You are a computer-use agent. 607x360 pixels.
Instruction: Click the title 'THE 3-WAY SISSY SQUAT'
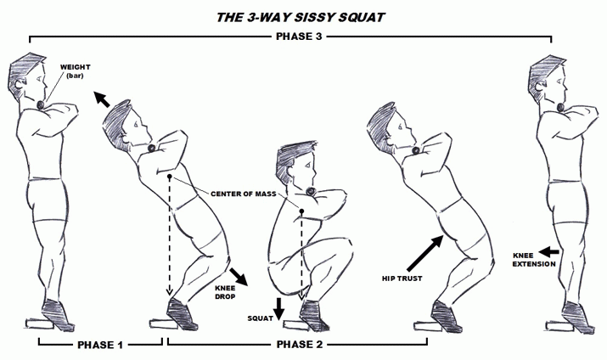[301, 18]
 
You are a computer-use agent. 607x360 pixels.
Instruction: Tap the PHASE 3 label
[299, 37]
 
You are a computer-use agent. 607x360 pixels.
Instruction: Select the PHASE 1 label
[100, 345]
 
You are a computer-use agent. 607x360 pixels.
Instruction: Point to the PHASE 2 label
[300, 345]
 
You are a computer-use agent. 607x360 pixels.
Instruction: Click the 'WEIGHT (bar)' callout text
[75, 71]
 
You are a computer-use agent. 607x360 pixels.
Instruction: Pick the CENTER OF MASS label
[244, 194]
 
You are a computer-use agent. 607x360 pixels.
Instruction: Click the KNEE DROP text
[225, 292]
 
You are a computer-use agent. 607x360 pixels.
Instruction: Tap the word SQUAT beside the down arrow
[260, 318]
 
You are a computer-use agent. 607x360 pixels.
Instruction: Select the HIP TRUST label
[402, 278]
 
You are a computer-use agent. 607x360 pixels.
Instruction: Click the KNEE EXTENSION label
[534, 260]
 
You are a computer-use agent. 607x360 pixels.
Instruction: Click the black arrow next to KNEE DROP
[239, 277]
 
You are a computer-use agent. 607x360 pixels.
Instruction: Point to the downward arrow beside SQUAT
[278, 309]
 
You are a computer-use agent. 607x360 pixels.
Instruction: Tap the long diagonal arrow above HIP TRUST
[425, 253]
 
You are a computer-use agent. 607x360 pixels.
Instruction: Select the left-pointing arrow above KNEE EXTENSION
[549, 252]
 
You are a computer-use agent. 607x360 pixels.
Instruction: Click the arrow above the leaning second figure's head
[102, 99]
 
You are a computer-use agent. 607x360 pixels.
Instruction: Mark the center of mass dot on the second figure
[169, 177]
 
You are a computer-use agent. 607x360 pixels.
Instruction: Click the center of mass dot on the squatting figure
[301, 211]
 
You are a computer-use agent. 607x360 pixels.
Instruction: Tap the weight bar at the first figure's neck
[41, 104]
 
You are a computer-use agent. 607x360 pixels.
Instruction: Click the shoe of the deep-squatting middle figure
[313, 316]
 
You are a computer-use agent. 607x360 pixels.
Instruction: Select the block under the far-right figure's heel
[558, 325]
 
